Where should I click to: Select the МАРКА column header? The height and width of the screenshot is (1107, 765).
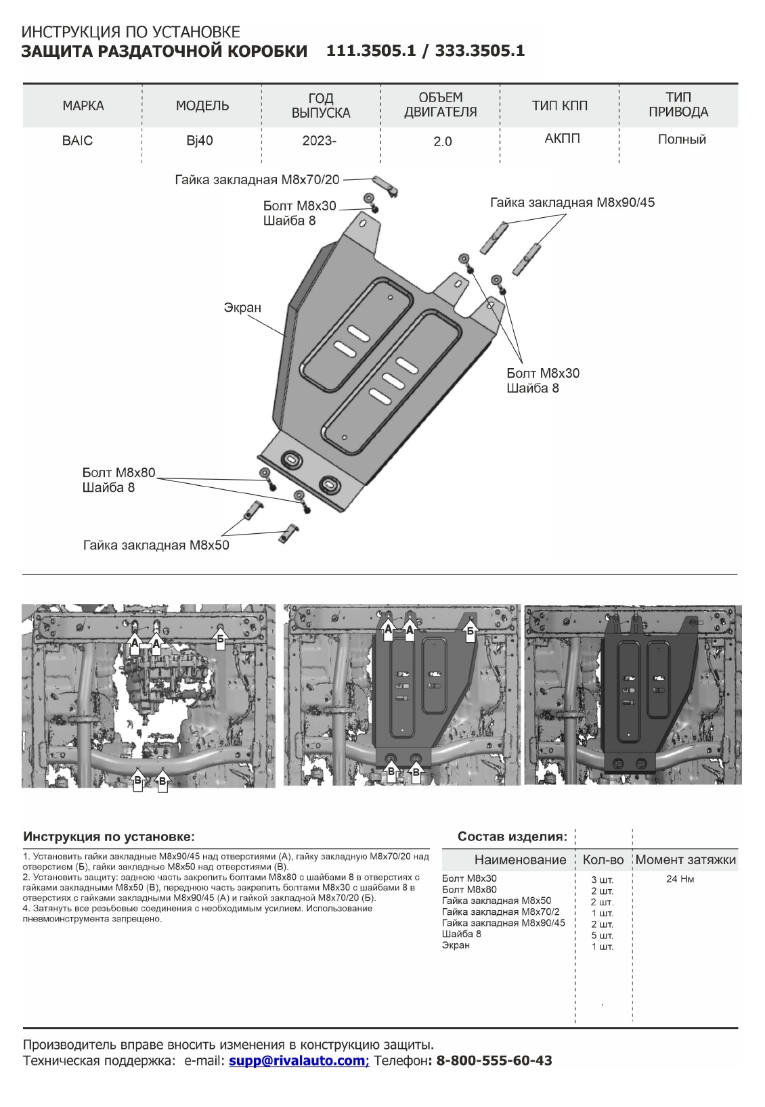(83, 106)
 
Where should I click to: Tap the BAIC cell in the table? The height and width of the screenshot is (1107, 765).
(77, 141)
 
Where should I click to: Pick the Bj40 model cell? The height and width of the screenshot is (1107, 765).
(200, 141)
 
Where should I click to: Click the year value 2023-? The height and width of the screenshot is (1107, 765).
(320, 141)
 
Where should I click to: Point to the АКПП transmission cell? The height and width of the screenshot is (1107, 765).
(562, 139)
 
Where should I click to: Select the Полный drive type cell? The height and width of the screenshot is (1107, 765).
(682, 139)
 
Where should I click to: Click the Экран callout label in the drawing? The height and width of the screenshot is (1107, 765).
(242, 308)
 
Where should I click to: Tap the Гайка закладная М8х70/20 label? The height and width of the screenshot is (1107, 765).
(257, 180)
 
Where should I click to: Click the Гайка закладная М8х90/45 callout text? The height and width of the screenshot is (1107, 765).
(573, 202)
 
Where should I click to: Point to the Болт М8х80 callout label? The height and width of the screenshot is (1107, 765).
(119, 472)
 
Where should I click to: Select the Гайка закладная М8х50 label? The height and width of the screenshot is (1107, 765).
(156, 545)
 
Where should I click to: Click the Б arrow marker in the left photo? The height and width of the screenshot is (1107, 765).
(219, 637)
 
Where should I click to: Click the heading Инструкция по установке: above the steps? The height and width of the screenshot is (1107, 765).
(109, 836)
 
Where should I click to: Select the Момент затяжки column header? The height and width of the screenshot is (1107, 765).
(685, 860)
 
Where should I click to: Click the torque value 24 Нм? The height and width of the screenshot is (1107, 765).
(680, 880)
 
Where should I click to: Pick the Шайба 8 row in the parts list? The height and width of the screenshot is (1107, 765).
(462, 934)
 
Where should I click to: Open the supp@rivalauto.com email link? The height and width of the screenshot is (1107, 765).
(299, 1060)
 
